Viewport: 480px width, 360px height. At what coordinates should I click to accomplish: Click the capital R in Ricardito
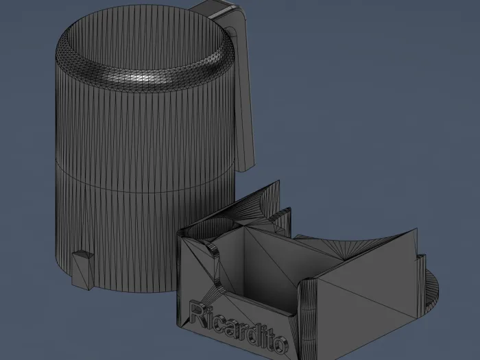click(x=198, y=312)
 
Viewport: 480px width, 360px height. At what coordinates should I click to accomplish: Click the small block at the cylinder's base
click(x=83, y=270)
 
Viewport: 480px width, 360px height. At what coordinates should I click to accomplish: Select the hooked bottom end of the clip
click(x=245, y=166)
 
